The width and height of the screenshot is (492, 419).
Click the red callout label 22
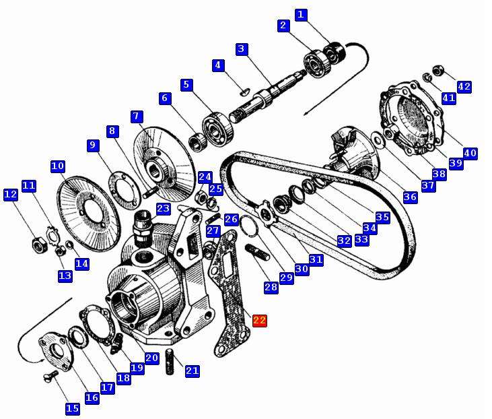point(260,320)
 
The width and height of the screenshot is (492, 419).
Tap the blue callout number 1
point(301,14)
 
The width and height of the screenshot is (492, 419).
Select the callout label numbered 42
point(464,87)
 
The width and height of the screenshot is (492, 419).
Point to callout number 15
point(73,408)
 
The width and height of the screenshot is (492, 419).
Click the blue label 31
point(316,259)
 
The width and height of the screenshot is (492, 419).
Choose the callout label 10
point(58,166)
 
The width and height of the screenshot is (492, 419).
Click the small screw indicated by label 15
point(51,376)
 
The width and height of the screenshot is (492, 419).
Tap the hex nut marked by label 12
point(40,245)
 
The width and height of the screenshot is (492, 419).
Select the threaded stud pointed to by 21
point(170,361)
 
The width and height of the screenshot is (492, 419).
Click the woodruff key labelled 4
point(244,92)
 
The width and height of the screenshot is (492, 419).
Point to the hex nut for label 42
point(437,70)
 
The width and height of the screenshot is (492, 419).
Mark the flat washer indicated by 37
point(378,140)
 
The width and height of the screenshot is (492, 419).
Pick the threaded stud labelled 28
point(257,253)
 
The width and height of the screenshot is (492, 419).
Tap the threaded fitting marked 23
point(143,228)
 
